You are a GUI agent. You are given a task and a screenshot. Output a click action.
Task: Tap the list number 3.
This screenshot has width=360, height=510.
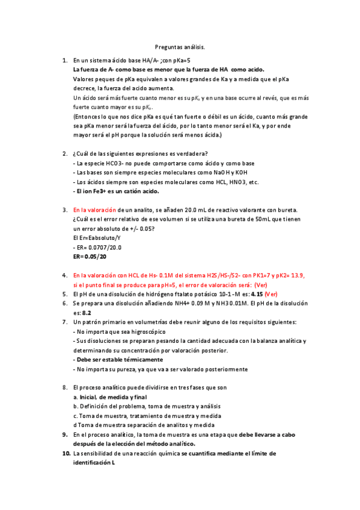tap(65, 210)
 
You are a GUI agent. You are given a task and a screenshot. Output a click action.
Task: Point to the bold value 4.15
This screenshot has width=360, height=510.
tap(252, 294)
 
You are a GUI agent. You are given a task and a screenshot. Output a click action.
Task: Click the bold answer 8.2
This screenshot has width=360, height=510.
tap(86, 313)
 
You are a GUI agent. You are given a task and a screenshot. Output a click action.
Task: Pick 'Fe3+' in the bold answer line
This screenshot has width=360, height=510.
tap(106, 191)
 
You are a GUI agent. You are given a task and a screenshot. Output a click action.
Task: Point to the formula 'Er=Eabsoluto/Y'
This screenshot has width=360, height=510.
tap(96, 238)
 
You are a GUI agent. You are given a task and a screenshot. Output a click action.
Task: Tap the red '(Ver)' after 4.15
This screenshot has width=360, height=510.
tap(271, 294)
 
